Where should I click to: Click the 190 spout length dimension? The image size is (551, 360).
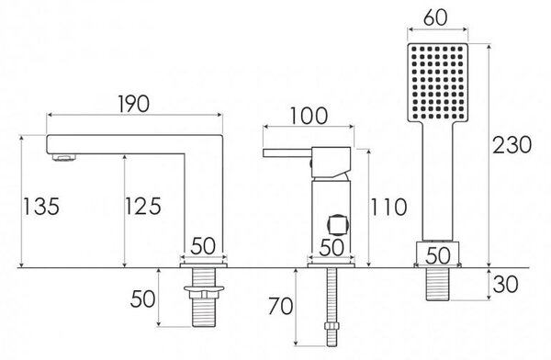click(133, 104)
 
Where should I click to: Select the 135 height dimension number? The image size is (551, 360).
click(41, 207)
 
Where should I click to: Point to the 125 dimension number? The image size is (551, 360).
click(143, 206)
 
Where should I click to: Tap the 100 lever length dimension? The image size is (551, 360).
click(309, 116)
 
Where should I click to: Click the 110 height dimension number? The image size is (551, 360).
click(388, 207)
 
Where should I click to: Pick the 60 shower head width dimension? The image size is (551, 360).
click(435, 17)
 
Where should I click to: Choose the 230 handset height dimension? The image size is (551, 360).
click(512, 145)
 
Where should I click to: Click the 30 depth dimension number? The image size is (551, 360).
click(505, 285)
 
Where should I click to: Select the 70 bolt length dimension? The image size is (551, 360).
click(280, 306)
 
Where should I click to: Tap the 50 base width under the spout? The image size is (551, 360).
click(203, 246)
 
